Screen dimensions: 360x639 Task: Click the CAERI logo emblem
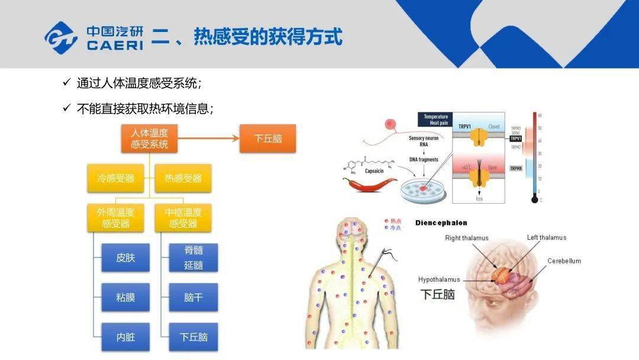61,37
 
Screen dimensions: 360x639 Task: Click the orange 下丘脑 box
267,139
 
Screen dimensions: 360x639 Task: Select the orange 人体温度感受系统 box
149,139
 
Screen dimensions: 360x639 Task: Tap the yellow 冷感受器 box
115,178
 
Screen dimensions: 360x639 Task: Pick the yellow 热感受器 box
183,178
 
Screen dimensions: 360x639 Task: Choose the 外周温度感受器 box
115,218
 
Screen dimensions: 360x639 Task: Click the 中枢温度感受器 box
183,218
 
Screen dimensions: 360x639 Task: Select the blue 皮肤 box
125,258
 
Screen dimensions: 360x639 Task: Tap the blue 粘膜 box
125,297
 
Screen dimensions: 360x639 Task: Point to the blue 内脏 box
125,337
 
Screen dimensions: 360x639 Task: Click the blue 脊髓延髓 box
193,258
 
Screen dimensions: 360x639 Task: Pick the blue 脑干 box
193,297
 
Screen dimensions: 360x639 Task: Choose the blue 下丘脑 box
193,337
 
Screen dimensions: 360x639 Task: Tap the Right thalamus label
467,238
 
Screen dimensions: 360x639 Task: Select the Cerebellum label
564,261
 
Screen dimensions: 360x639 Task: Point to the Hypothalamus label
438,279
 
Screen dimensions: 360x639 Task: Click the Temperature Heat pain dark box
437,120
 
